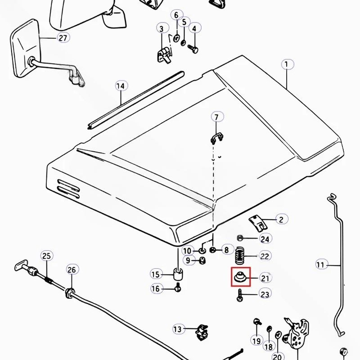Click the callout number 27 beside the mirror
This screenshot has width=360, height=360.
click(x=63, y=38)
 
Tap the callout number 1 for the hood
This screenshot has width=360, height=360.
click(x=287, y=64)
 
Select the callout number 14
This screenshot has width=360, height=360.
click(x=121, y=86)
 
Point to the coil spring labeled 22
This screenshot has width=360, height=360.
click(x=240, y=255)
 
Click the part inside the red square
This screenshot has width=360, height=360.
click(x=240, y=277)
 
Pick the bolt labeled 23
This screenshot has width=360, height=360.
click(x=240, y=295)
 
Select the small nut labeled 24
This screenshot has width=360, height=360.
click(x=240, y=238)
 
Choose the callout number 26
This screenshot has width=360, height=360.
click(x=72, y=269)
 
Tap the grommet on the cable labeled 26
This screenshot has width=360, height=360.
click(x=70, y=293)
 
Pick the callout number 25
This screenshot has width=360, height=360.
click(x=46, y=256)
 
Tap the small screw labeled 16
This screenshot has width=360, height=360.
click(x=178, y=287)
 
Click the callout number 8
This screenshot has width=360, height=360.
click(x=226, y=250)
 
